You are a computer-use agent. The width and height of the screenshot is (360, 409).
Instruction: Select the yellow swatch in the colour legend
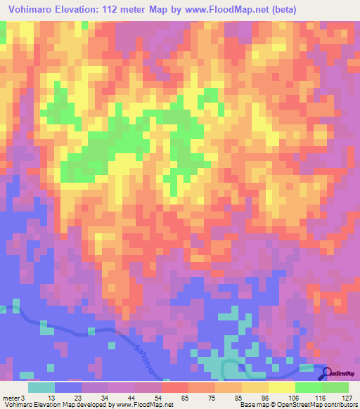click(x=281, y=387)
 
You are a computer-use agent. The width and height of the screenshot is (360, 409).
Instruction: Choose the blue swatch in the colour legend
click(x=68, y=387)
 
